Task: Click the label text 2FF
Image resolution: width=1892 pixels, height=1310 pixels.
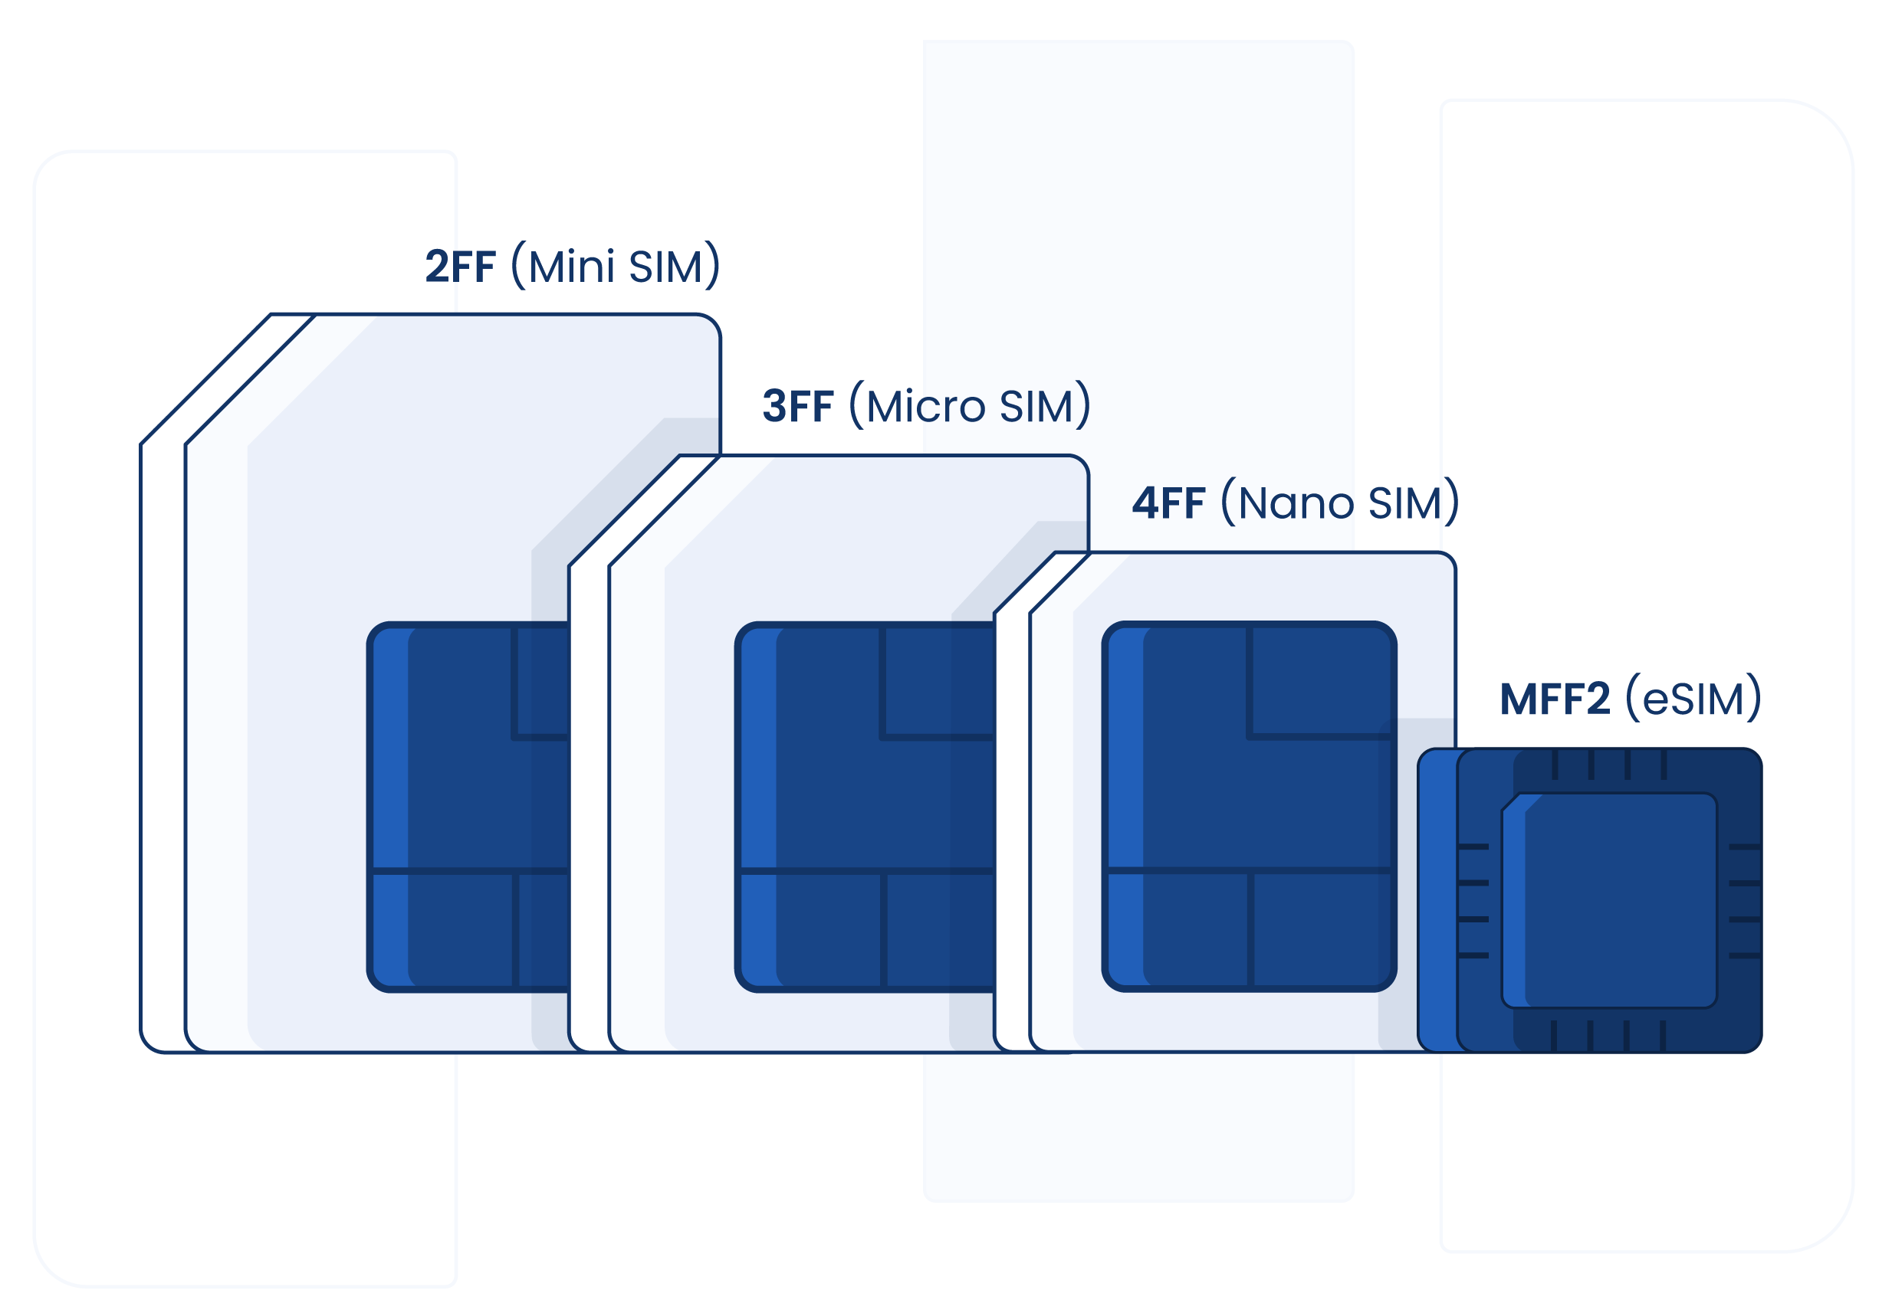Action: point(461,267)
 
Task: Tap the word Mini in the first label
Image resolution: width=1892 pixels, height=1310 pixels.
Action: point(572,267)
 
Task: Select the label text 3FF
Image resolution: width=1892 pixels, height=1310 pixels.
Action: point(797,406)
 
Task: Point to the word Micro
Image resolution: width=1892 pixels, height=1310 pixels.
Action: point(925,406)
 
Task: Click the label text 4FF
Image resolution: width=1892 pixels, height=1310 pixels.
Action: point(1168,503)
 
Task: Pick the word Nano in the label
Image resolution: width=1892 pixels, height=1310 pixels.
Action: point(1296,503)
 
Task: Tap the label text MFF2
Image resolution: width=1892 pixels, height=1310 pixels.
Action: point(1555,699)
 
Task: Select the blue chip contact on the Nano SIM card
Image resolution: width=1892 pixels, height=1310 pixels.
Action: point(1249,806)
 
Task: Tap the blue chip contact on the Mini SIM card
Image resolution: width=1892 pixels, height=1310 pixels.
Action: point(468,806)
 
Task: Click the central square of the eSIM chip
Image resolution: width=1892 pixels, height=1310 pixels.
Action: point(1610,899)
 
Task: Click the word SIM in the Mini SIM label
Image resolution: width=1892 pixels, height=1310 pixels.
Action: point(665,267)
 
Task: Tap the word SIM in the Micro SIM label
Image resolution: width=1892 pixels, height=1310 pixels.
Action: point(1036,406)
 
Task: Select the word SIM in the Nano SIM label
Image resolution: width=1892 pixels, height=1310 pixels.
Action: point(1404,503)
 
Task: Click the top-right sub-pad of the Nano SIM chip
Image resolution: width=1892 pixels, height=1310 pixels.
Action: point(1320,681)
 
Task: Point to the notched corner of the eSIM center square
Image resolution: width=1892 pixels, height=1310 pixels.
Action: point(1513,802)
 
